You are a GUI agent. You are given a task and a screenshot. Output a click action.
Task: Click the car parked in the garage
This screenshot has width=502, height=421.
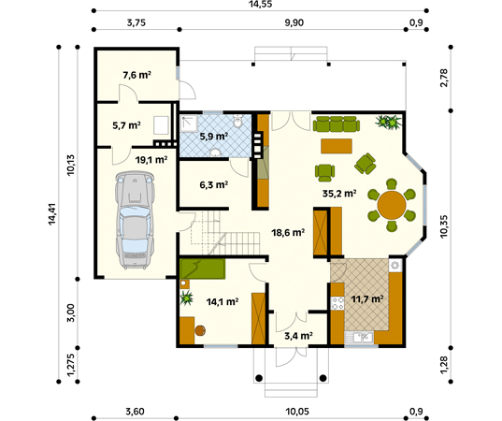136,217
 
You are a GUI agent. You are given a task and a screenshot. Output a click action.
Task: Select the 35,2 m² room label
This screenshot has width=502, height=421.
338,195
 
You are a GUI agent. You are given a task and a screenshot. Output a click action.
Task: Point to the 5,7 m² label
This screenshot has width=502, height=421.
126,124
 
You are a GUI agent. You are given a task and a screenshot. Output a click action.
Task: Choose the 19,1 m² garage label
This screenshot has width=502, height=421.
151,160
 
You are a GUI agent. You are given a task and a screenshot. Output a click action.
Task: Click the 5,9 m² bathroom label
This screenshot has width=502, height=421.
214,136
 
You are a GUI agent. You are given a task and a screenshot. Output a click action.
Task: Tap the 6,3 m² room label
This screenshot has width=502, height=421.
214,185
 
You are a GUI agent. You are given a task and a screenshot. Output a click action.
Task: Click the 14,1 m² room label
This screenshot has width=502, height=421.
222,301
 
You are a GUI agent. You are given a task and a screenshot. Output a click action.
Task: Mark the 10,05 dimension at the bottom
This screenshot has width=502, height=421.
296,412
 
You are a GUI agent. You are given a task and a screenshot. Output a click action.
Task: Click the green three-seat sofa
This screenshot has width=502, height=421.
336,123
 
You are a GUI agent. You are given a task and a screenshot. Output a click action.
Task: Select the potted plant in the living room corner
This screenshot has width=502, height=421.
389,121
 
